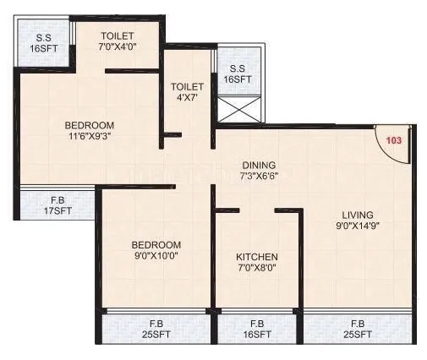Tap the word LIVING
coord(353,214)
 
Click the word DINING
coord(259,165)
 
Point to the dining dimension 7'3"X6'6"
coord(259,177)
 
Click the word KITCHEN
coord(257,256)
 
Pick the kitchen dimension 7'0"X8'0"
coord(257,268)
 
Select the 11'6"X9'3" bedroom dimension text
coord(89,138)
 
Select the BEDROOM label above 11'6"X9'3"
coord(89,126)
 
